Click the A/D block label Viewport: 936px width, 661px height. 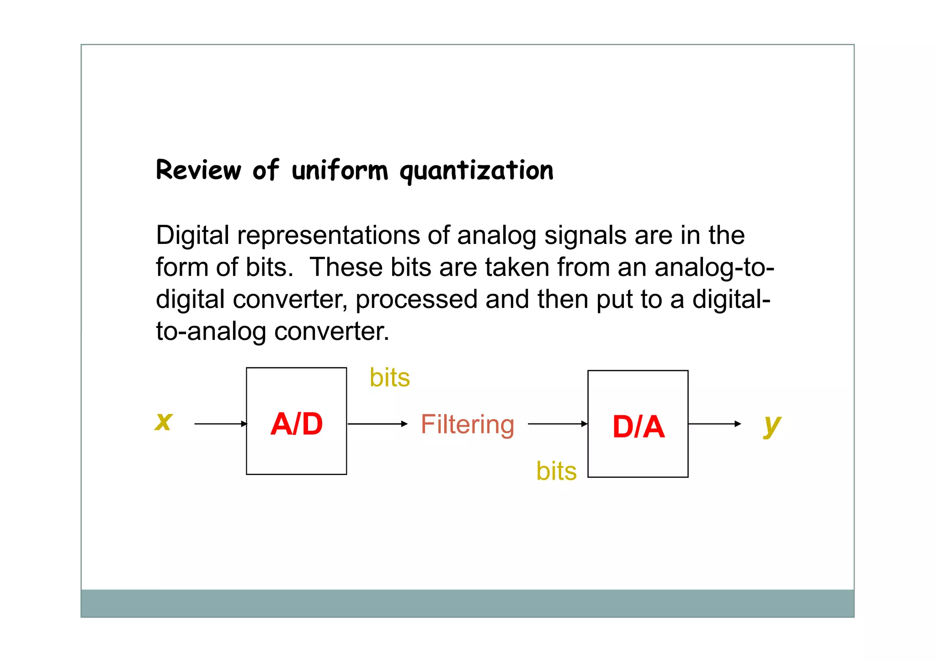tap(297, 424)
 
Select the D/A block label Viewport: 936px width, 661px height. tap(638, 427)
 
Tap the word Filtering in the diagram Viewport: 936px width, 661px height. tap(468, 424)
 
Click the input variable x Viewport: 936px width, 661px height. tap(164, 421)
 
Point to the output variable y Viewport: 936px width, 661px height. tap(772, 425)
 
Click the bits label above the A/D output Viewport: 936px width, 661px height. tap(389, 378)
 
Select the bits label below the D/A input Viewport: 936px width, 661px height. tap(556, 471)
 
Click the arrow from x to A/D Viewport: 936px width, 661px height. tap(220, 424)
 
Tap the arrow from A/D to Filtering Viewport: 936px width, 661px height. tap(377, 424)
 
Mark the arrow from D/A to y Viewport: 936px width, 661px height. tap(714, 424)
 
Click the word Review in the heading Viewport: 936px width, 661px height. tap(198, 170)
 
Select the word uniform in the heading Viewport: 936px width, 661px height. tap(340, 170)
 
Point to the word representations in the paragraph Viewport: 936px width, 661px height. tap(328, 236)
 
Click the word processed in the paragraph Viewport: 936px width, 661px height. tap(416, 300)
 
